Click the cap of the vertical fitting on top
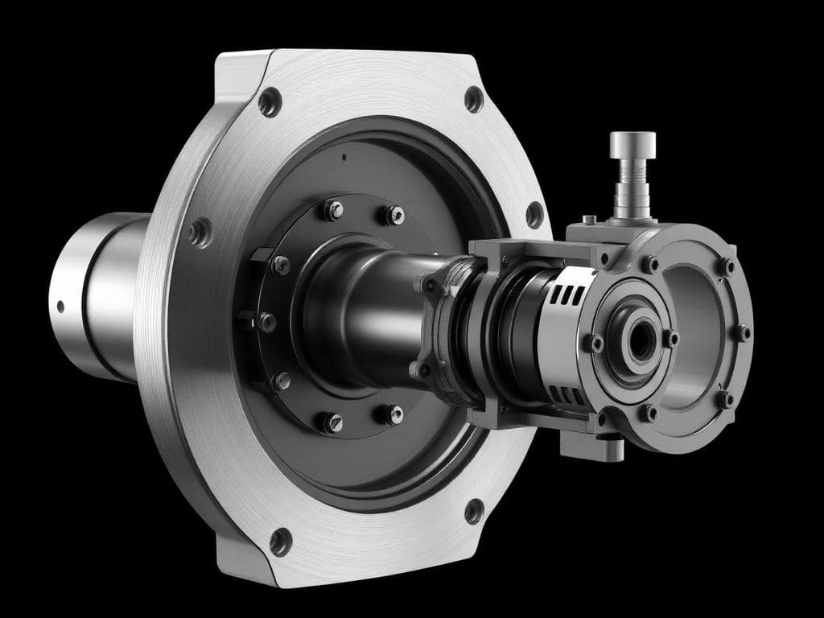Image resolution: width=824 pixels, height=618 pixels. [632, 145]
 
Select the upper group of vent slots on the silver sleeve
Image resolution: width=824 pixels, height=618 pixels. [568, 295]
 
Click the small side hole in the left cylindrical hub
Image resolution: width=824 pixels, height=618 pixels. [60, 307]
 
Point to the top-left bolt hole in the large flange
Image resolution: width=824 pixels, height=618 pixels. [270, 101]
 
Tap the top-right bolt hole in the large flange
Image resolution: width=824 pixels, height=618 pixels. [474, 99]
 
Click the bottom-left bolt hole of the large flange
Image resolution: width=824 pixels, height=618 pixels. [280, 542]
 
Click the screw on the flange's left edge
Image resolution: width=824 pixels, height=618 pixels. [198, 233]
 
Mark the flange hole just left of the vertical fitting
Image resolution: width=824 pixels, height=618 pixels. [534, 215]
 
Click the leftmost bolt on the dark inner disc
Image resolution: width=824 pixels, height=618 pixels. [266, 323]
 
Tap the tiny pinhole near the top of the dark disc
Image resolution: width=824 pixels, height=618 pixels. [344, 158]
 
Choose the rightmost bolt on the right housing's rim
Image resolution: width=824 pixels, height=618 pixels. [742, 332]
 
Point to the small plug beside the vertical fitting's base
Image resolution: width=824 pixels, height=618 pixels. [589, 220]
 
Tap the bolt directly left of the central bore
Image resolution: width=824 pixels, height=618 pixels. [595, 343]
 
